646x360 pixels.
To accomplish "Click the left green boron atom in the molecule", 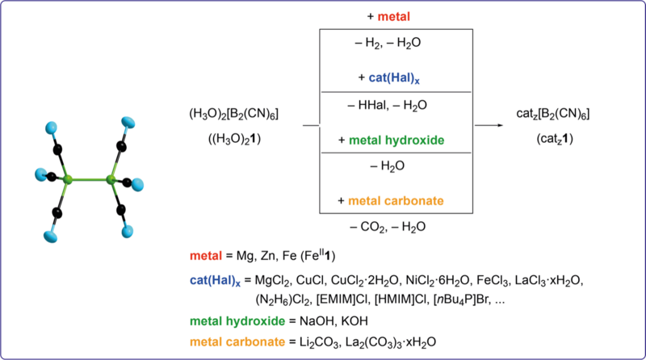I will click(x=70, y=177).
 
